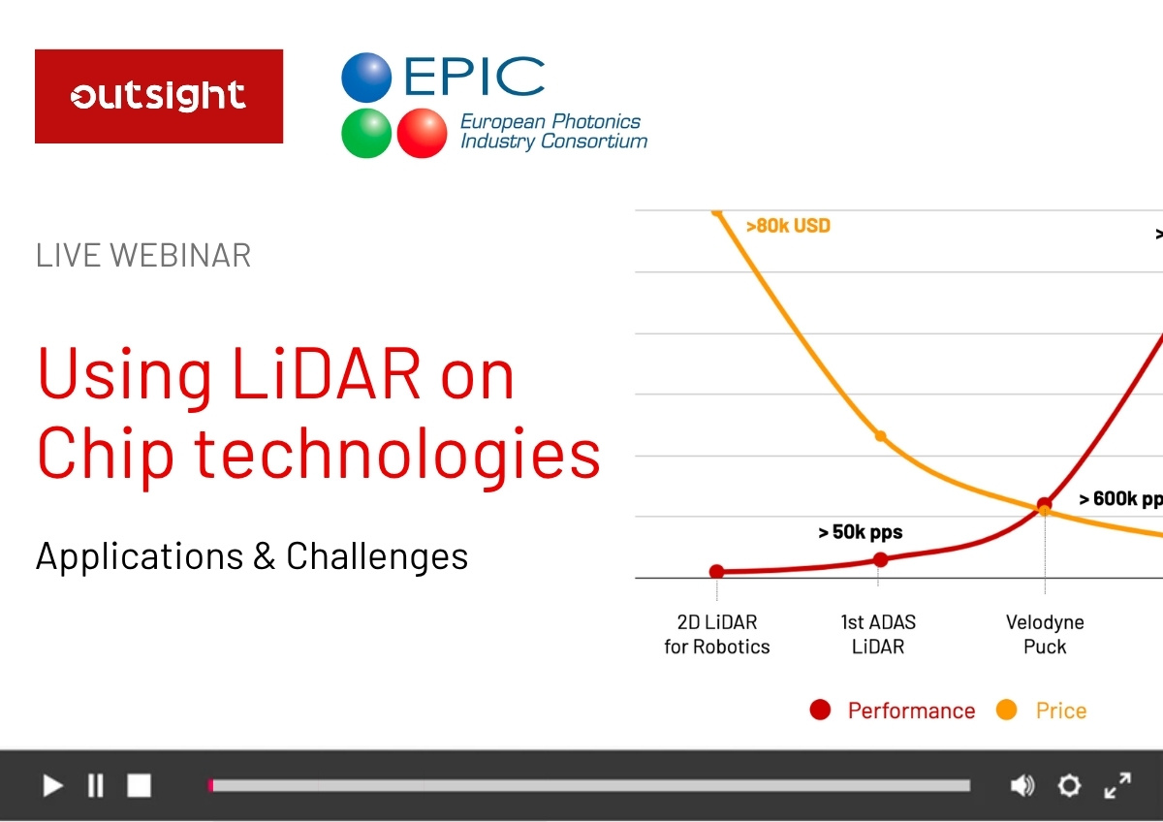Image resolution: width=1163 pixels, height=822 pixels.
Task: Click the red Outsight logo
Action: coord(159,96)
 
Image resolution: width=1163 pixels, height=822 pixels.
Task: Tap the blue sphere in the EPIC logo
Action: coord(366,78)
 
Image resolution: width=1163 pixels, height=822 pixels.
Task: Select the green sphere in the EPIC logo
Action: coord(366,133)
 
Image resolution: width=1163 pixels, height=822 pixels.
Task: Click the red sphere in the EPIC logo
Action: coord(422,133)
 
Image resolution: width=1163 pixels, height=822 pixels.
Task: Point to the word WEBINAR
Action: coord(180,256)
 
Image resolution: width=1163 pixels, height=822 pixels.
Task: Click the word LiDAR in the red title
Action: coord(326,374)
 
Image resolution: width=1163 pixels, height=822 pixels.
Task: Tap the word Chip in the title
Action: coord(106,454)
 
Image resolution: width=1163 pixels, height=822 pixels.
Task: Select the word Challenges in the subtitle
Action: coord(377,556)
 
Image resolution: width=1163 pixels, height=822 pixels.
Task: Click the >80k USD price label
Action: coord(788,226)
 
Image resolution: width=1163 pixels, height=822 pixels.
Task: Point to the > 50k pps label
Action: coord(861,532)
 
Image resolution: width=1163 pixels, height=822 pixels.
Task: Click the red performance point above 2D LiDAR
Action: coord(716,571)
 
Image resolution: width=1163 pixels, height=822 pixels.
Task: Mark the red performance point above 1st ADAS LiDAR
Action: coord(881,559)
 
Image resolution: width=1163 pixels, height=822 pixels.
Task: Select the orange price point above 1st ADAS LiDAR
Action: coord(881,436)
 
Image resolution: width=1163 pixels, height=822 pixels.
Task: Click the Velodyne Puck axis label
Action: coord(1045,635)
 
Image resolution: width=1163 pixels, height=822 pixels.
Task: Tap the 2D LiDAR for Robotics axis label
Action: coord(717,635)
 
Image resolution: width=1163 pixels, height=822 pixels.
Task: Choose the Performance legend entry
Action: coord(893,711)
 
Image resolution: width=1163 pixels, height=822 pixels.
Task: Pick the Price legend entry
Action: coord(1042,711)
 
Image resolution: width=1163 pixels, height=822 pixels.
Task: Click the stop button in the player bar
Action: coord(140,785)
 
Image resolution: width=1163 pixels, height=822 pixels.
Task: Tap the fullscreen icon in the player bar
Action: coord(1117,785)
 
